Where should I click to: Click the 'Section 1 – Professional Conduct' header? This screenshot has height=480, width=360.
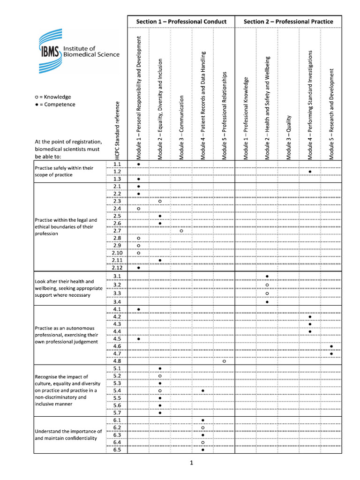(x=181, y=22)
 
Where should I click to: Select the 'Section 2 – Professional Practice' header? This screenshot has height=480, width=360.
(x=288, y=22)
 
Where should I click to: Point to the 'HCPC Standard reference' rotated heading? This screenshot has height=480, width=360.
(x=117, y=131)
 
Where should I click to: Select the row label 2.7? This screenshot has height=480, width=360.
(x=117, y=231)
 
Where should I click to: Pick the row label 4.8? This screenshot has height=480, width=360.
(x=117, y=361)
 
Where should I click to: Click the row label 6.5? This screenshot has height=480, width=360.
(x=117, y=450)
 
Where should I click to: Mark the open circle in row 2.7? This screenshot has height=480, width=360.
(x=181, y=231)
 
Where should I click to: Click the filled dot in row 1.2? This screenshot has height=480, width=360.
(x=310, y=172)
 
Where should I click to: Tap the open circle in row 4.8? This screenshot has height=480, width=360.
(x=224, y=361)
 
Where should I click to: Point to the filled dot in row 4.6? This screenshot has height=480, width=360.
(x=331, y=346)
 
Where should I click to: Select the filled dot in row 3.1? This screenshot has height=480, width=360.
(x=267, y=277)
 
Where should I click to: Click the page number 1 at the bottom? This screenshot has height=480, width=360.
(x=192, y=463)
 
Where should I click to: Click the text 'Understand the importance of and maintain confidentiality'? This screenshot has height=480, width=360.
(x=68, y=435)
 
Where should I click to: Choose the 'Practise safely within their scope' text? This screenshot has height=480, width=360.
(x=64, y=171)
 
